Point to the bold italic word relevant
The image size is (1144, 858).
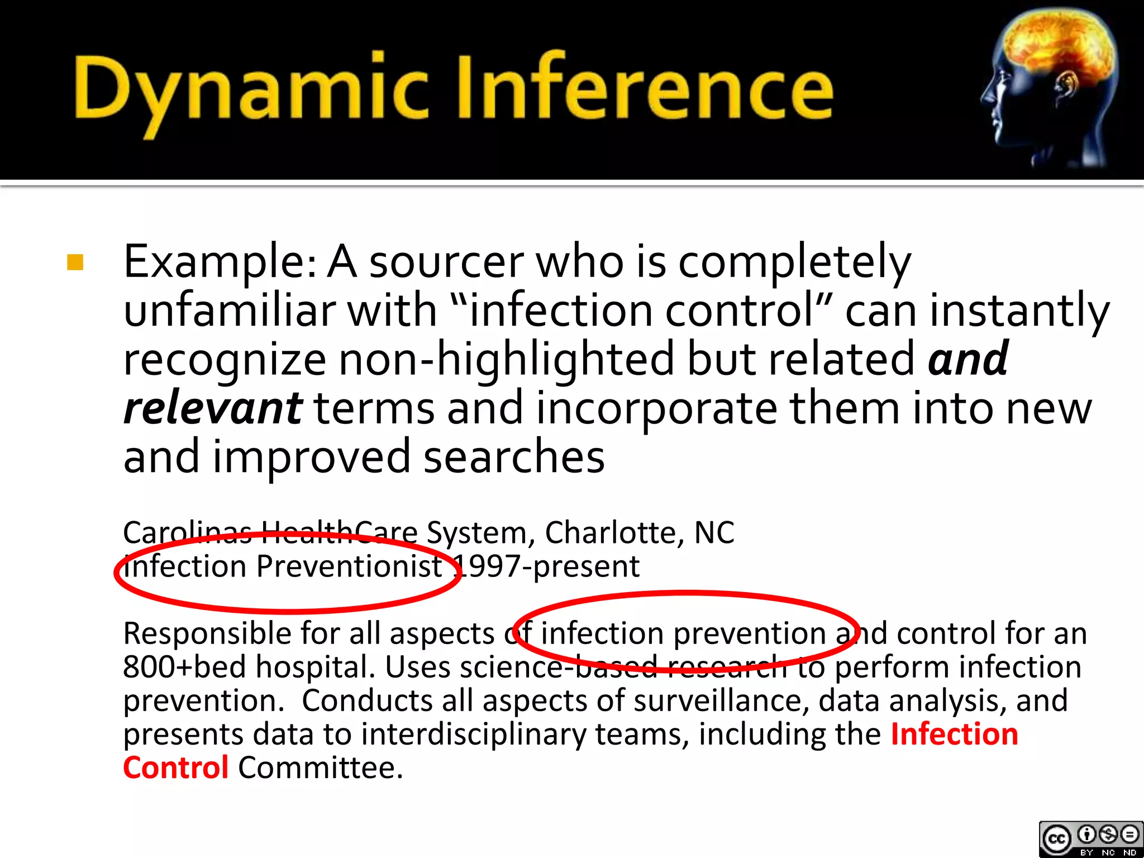pos(213,408)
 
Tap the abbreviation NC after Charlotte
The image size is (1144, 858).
pos(714,532)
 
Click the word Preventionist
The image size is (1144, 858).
pos(349,566)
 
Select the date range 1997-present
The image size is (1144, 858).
pos(547,566)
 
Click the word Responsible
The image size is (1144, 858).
pos(207,633)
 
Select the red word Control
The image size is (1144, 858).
pos(175,768)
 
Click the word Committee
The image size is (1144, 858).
pos(320,768)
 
